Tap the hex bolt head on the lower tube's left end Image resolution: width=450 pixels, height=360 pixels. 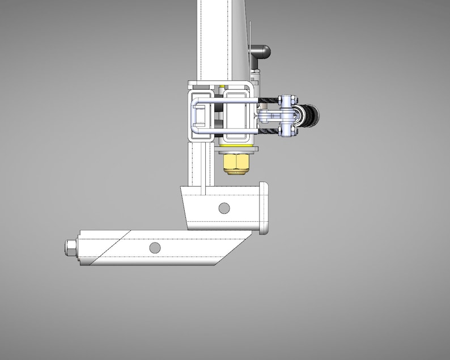tap(71, 248)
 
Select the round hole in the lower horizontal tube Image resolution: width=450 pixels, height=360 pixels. tap(155, 248)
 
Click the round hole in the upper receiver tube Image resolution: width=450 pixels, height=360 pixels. tap(224, 208)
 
